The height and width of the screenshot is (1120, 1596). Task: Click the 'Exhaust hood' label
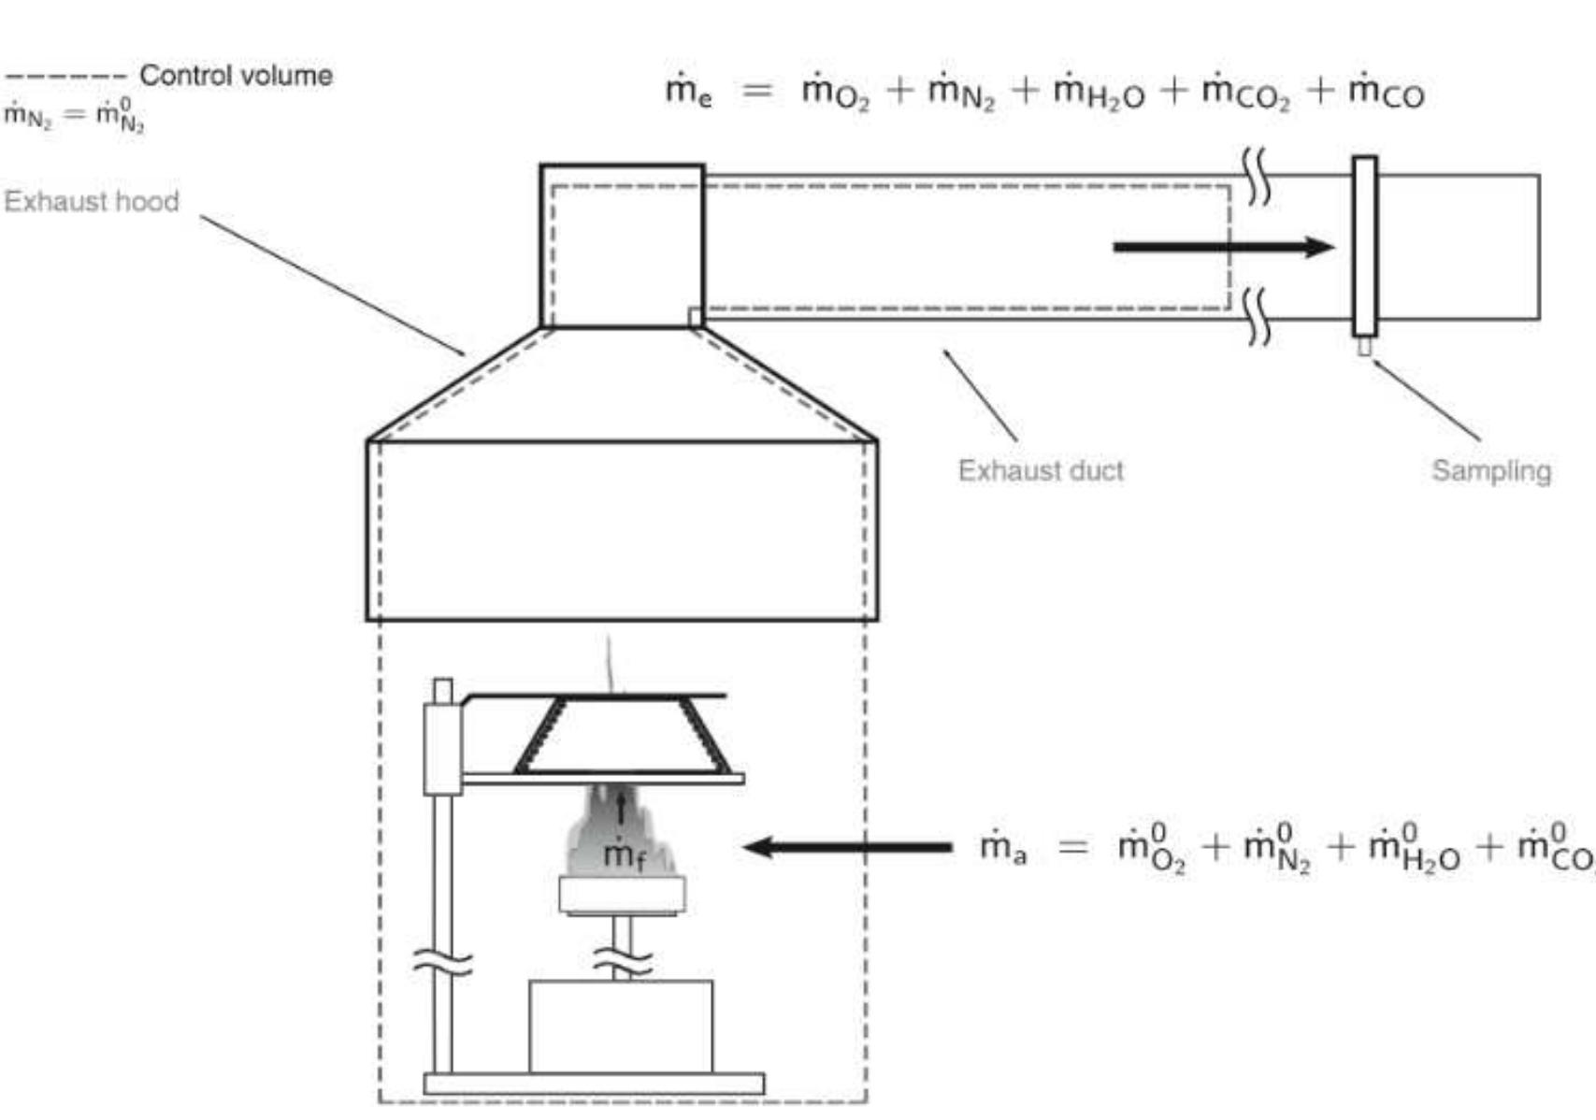point(91,201)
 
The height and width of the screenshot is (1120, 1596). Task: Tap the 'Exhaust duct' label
point(1040,470)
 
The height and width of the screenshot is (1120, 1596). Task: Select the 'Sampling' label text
point(1490,470)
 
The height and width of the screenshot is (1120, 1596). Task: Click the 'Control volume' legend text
point(236,76)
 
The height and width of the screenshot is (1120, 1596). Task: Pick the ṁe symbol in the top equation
point(688,93)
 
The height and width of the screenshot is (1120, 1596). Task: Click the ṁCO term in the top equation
point(1386,93)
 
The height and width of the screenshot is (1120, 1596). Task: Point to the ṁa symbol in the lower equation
point(1002,848)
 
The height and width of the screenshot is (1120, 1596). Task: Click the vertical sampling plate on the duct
point(1364,246)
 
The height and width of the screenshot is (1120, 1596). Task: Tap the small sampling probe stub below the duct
point(1364,347)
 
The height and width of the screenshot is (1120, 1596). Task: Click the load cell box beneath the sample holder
point(620,1026)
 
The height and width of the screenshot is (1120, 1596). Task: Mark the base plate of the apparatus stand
point(594,1084)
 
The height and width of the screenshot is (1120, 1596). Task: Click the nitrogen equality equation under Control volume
point(74,115)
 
